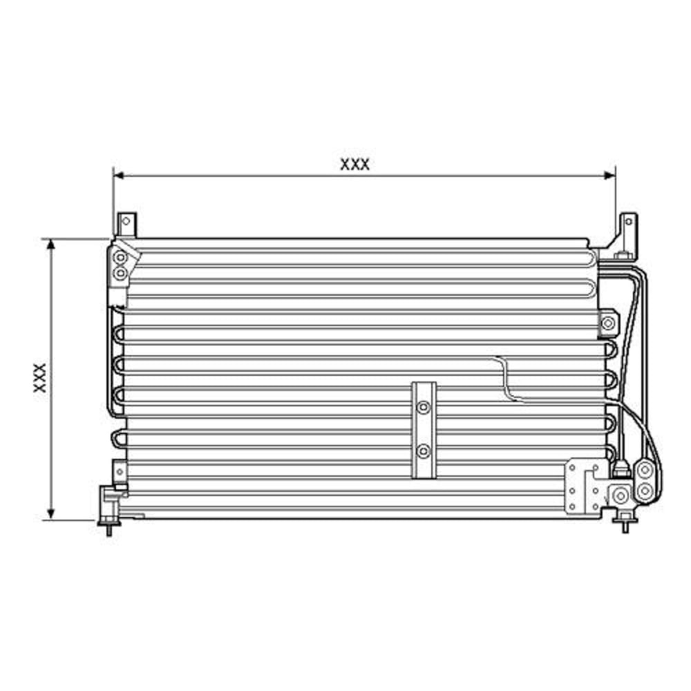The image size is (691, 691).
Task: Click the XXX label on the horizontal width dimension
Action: coord(354,164)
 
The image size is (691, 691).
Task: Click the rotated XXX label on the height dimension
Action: coord(39,378)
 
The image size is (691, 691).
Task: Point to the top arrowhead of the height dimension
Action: coord(50,244)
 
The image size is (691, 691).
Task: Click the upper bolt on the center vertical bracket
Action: coord(424,408)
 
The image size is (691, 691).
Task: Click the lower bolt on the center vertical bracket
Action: coord(424,452)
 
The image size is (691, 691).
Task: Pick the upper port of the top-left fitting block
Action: coord(120,259)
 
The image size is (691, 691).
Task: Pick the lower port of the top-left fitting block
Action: coord(120,274)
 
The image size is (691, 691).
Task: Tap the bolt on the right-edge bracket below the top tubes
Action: coord(608,323)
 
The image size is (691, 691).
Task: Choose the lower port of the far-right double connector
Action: coord(644,491)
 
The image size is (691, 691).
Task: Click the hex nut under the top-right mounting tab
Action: coord(621,258)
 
